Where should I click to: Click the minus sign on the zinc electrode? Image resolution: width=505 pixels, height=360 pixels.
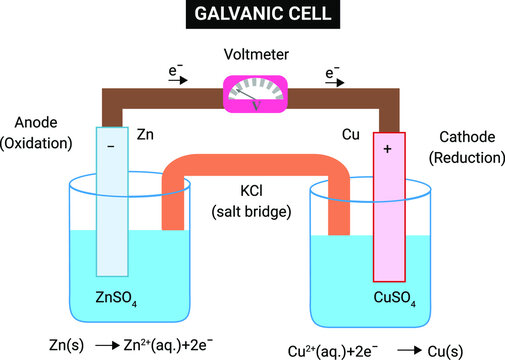(111, 146)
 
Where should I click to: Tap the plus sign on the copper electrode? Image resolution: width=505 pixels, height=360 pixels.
(389, 147)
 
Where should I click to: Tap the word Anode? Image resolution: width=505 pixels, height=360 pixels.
(36, 123)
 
